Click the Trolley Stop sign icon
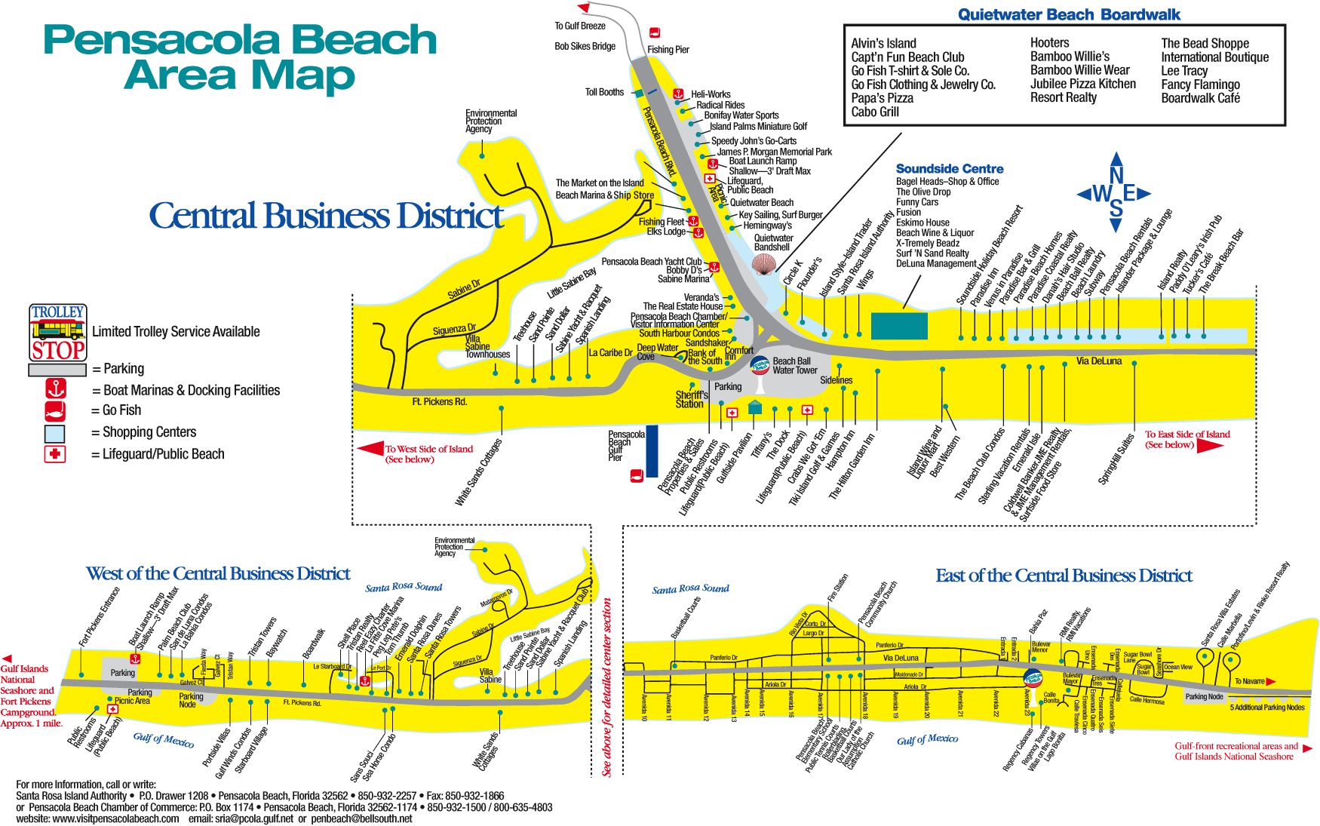(58, 333)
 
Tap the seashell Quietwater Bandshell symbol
(764, 264)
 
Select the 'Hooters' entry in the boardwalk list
(1049, 43)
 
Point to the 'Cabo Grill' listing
(875, 112)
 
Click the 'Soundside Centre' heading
(949, 169)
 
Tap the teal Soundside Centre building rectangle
(899, 326)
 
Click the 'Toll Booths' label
(604, 92)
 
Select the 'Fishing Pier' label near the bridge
(668, 50)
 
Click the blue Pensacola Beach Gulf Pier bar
(652, 451)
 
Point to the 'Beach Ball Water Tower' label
(794, 366)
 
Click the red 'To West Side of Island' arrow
(370, 449)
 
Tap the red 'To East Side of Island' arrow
(1209, 445)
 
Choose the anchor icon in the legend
(56, 389)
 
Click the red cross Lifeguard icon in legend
(55, 454)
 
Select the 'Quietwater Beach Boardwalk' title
(1068, 14)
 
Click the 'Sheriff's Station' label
(691, 399)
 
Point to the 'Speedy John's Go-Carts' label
(754, 141)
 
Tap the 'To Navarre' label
(1249, 681)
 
